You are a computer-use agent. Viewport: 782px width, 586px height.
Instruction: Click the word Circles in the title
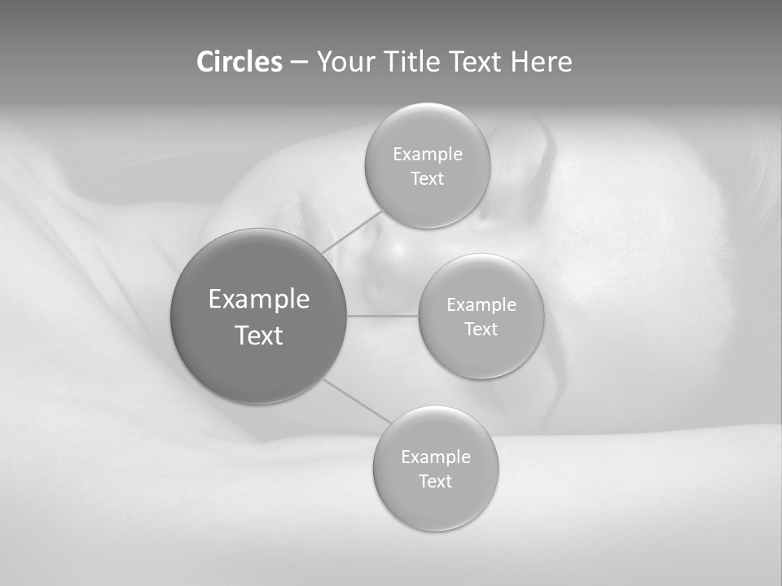[x=239, y=62]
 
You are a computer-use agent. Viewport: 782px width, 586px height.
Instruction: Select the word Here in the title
[x=541, y=62]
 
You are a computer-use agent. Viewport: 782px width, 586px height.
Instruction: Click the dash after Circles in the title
[x=299, y=63]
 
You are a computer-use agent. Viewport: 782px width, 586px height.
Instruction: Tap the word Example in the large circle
[x=259, y=300]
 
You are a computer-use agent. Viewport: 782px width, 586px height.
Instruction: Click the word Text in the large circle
[x=259, y=335]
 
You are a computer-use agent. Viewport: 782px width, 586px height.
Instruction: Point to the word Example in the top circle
[x=428, y=155]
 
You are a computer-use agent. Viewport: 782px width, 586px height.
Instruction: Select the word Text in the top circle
[x=427, y=179]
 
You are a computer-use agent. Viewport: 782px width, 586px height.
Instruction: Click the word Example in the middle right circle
[x=481, y=305]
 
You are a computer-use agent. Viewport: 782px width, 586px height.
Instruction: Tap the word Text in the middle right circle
[x=481, y=330]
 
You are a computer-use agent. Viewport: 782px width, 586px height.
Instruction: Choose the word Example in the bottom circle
[x=436, y=457]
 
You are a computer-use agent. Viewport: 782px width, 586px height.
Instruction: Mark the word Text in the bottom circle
[x=435, y=482]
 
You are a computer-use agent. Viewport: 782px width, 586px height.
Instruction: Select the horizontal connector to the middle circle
[x=382, y=316]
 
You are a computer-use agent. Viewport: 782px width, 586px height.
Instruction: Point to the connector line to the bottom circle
[x=358, y=400]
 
